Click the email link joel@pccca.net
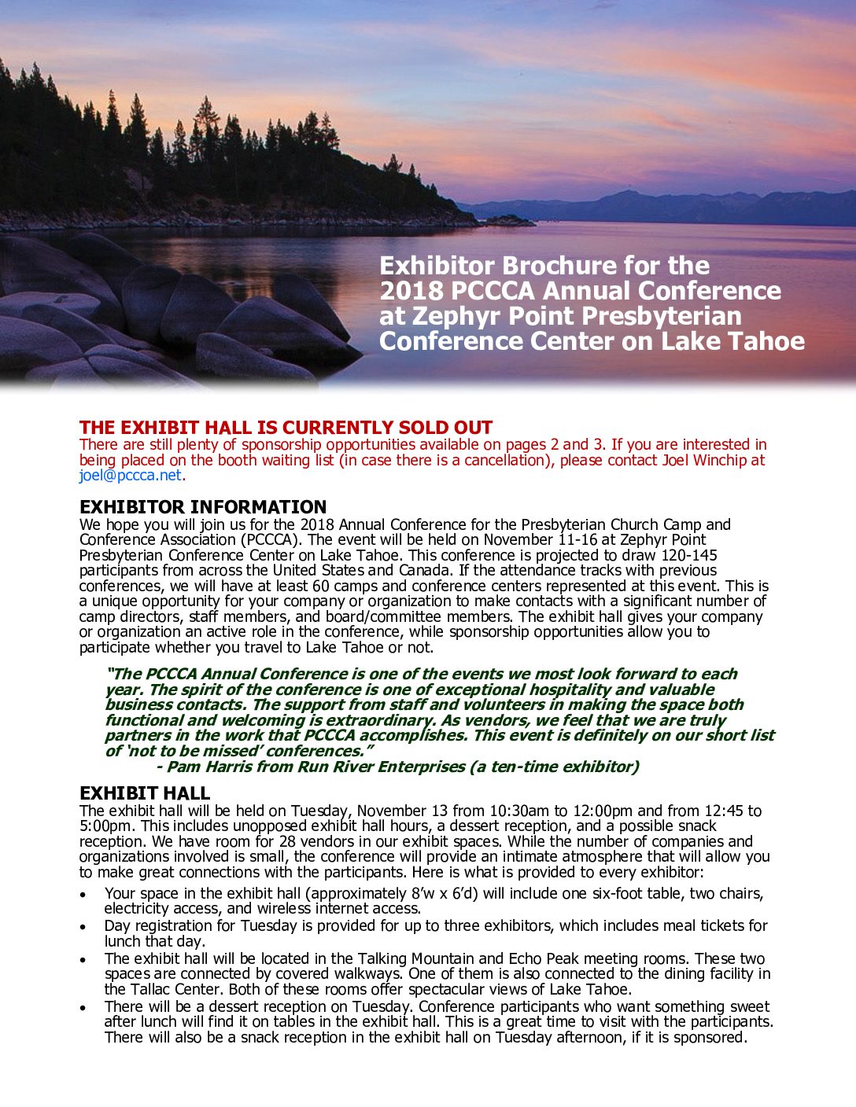(x=130, y=476)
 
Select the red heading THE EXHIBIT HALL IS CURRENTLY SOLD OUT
(x=286, y=428)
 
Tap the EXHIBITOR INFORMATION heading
(x=203, y=507)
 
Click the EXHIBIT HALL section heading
(x=145, y=793)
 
